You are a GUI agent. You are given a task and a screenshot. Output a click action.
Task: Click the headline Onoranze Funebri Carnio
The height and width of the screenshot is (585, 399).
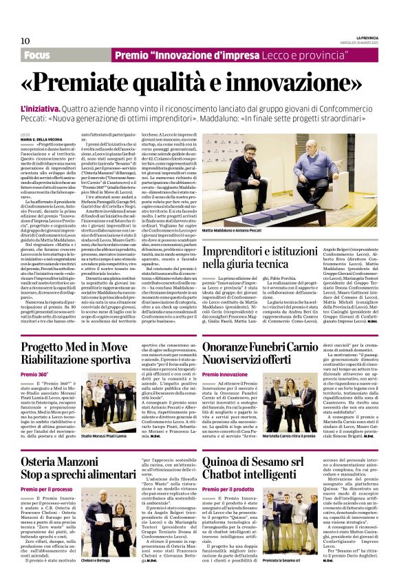point(261,347)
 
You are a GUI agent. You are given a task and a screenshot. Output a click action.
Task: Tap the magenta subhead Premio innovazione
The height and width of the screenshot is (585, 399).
point(224,374)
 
